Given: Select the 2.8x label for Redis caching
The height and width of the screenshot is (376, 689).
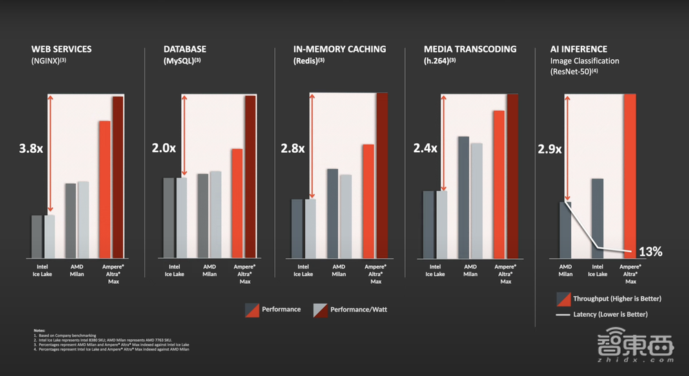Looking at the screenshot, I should (x=292, y=148).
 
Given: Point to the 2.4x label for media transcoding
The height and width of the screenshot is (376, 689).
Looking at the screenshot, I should (x=425, y=148).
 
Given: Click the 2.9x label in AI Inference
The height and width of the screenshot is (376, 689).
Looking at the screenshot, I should (x=549, y=149).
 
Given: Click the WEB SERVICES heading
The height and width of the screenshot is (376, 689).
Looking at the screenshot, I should (x=61, y=50).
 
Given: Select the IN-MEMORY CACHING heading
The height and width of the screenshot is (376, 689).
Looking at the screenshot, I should (x=340, y=50).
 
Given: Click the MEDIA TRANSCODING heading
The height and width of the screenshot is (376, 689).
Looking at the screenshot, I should (x=470, y=50).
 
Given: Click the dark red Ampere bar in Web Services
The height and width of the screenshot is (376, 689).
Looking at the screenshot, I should (x=118, y=178).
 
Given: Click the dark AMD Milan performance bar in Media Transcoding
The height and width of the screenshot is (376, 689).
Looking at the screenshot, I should (x=464, y=198).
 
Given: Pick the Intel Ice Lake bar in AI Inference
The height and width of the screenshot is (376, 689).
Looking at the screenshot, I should (x=597, y=218).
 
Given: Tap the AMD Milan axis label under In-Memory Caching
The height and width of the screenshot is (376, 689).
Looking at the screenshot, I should (x=339, y=270).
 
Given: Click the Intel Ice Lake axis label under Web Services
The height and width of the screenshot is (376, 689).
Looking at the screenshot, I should (x=43, y=270).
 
